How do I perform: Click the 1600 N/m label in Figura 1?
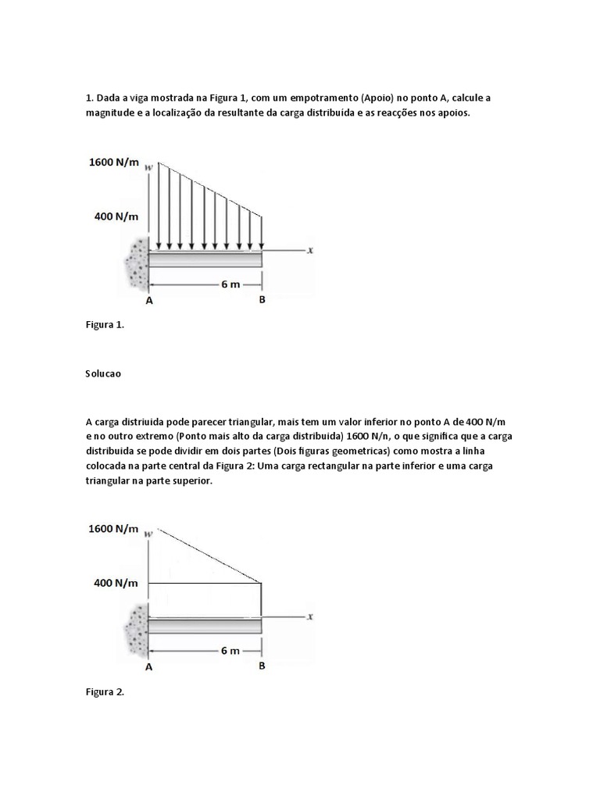click(x=113, y=162)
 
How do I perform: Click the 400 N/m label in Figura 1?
click(x=116, y=216)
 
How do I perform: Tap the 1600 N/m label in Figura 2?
click(x=113, y=528)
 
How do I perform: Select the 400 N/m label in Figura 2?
click(x=116, y=582)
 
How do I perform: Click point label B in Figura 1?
click(x=262, y=299)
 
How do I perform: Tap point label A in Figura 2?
click(x=148, y=666)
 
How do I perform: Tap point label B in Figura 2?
click(x=262, y=666)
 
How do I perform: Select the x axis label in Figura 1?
click(x=310, y=251)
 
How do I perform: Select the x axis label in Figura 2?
click(x=310, y=616)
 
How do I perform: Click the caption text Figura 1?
click(x=105, y=326)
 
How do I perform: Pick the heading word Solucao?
click(x=103, y=373)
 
